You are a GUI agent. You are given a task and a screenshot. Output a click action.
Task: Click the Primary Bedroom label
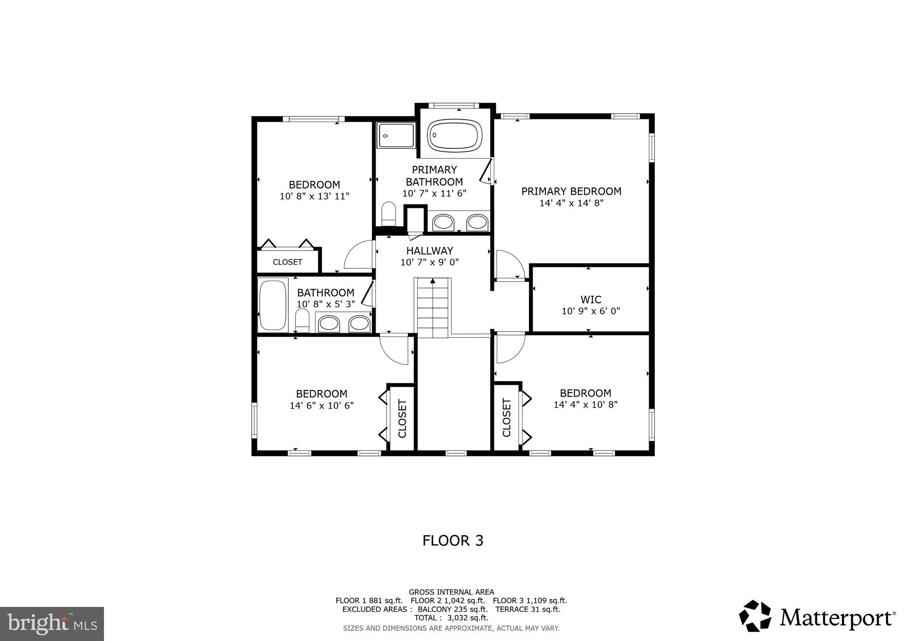point(571,191)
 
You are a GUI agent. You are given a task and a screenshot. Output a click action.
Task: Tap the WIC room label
point(591,300)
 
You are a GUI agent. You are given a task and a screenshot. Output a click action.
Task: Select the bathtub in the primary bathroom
point(455,135)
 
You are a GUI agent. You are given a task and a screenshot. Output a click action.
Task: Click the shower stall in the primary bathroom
point(396,135)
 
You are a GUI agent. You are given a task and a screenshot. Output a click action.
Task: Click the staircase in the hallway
point(433,308)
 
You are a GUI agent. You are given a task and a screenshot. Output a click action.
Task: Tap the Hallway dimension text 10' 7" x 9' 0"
point(430,262)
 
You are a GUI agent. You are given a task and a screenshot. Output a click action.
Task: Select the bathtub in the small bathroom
point(273,305)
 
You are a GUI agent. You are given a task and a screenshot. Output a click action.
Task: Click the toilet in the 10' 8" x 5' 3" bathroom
point(302,320)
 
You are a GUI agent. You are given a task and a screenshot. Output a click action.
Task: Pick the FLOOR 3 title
point(453,541)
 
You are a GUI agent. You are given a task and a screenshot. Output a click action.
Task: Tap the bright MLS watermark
point(52,624)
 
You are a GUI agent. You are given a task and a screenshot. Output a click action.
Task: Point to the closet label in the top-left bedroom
point(288,262)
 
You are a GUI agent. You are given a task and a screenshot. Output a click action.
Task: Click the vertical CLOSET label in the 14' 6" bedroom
point(402,418)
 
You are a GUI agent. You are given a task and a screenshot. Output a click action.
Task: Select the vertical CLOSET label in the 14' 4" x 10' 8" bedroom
point(507,417)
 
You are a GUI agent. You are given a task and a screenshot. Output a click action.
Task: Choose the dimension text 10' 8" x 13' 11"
point(315,196)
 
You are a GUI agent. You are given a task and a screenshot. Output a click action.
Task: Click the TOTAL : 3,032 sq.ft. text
point(451,618)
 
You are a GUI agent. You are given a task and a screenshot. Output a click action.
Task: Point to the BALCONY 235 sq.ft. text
point(453,609)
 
